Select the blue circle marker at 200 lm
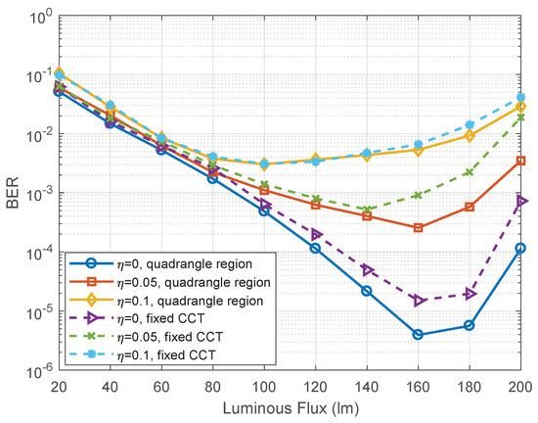pyautogui.click(x=521, y=248)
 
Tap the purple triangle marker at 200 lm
pyautogui.click(x=521, y=201)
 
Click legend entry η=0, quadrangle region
pyautogui.click(x=160, y=263)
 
